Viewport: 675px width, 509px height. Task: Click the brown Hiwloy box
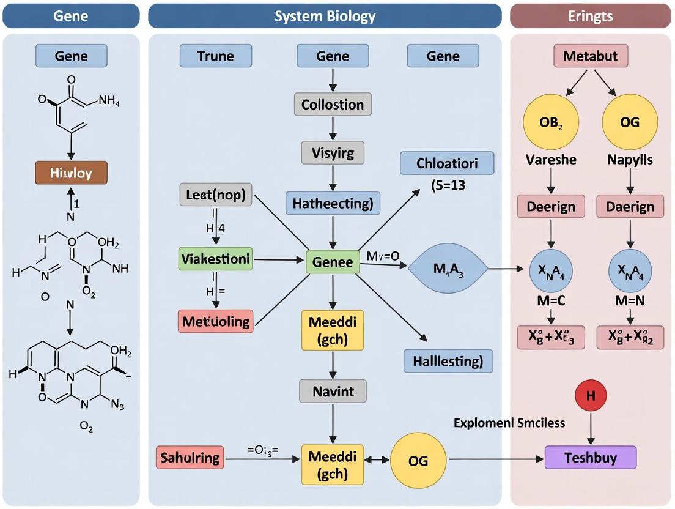click(x=72, y=173)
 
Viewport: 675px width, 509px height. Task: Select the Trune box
click(x=215, y=56)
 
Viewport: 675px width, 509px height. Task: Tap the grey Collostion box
click(x=332, y=105)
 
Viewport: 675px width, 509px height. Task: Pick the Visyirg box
click(x=332, y=152)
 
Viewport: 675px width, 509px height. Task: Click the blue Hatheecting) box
click(x=333, y=202)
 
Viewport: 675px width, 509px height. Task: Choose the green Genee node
click(x=332, y=262)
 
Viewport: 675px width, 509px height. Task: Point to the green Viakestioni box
click(x=215, y=259)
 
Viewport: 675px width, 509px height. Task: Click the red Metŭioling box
click(x=215, y=321)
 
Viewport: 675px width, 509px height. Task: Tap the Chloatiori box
click(x=447, y=163)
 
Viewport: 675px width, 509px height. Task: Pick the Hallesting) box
click(x=448, y=361)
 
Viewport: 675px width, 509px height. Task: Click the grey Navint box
click(x=333, y=390)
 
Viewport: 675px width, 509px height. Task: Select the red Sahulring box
click(x=190, y=457)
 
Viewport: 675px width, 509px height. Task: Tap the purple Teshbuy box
click(x=590, y=457)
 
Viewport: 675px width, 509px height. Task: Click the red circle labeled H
click(x=590, y=396)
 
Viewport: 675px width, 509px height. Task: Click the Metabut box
click(x=590, y=56)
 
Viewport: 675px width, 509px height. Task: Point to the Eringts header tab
click(x=590, y=16)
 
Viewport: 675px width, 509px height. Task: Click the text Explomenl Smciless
click(x=509, y=422)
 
